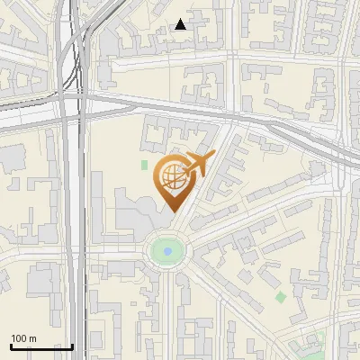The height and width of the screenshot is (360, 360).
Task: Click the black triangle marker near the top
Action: pyautogui.click(x=181, y=24)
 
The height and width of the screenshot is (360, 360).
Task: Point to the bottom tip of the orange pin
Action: pyautogui.click(x=171, y=211)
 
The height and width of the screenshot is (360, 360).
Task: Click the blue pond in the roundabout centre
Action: pyautogui.click(x=167, y=251)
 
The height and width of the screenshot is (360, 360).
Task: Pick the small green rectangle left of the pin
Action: pyautogui.click(x=144, y=166)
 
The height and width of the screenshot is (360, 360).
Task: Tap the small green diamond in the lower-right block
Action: pyautogui.click(x=280, y=297)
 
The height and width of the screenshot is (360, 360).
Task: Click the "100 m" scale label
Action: pyautogui.click(x=23, y=339)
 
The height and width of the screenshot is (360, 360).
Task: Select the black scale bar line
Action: pyautogui.click(x=41, y=347)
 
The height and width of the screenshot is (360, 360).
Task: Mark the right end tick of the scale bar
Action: pyautogui.click(x=72, y=346)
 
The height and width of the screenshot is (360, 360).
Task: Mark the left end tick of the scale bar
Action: pyautogui.click(x=11, y=346)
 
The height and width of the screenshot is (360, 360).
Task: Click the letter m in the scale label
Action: pyautogui.click(x=32, y=339)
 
